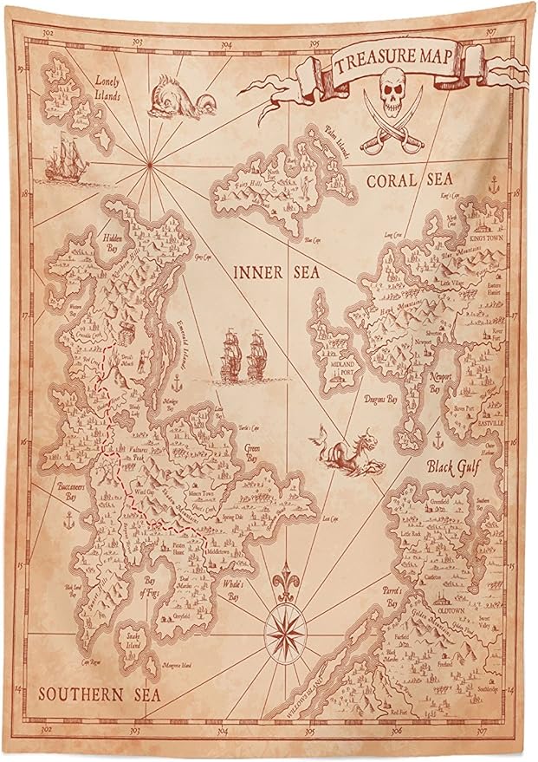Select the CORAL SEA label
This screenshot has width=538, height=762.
click(411, 181)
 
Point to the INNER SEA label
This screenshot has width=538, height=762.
click(276, 272)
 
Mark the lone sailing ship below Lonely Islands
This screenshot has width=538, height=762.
click(67, 162)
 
